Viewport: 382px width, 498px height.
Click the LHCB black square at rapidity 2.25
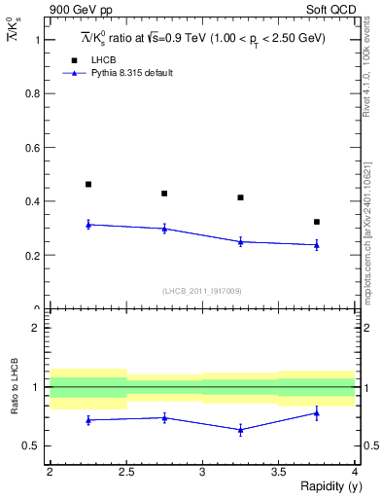click(x=88, y=184)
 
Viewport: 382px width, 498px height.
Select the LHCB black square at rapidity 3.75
click(x=317, y=222)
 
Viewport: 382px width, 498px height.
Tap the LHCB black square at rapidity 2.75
click(x=164, y=194)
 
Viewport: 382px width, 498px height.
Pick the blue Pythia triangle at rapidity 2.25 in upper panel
click(x=88, y=224)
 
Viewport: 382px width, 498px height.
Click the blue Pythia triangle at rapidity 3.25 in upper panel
click(x=241, y=241)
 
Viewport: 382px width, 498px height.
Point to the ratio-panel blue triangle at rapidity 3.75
click(x=317, y=412)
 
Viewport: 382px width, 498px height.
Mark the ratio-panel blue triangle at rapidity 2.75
click(x=164, y=417)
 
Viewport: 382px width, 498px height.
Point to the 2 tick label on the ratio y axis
click(x=37, y=328)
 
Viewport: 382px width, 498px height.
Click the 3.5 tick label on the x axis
click(x=278, y=472)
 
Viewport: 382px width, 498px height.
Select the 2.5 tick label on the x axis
click(x=126, y=472)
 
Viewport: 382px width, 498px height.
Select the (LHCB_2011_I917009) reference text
click(x=202, y=291)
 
